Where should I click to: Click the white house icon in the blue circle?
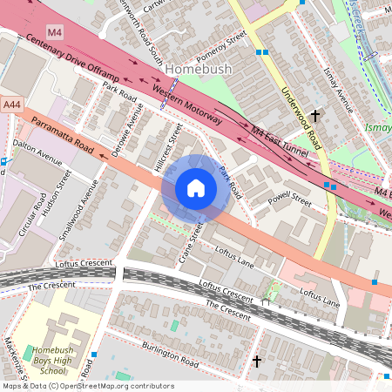[196, 188]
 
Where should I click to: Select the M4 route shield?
[56, 32]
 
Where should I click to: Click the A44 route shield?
[11, 104]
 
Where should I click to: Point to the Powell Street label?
[289, 200]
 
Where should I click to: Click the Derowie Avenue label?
[125, 128]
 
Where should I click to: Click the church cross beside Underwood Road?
[315, 114]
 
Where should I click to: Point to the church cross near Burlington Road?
[256, 360]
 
